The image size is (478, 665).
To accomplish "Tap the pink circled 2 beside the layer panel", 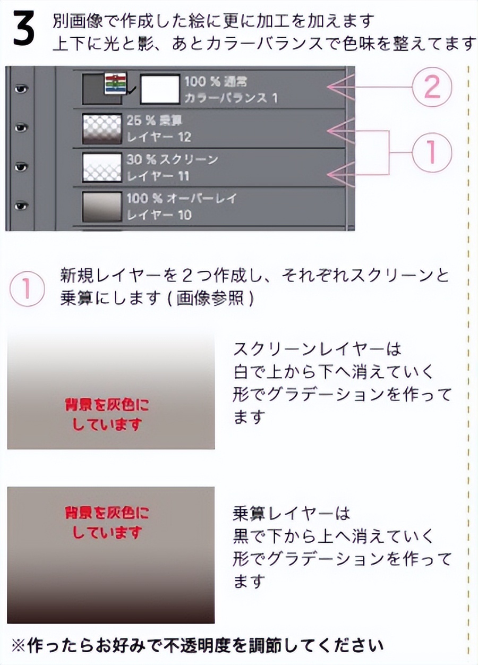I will pos(431,88).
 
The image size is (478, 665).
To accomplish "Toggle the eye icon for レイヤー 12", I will pos(21,128).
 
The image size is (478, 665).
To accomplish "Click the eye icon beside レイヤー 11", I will pos(21,167).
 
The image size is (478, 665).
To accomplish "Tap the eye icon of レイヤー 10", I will pos(21,206).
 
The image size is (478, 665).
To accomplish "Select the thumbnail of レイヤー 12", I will pos(103,129).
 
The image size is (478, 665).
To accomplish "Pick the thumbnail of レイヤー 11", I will pos(103,167).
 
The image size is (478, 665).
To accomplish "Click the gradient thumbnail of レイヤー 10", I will pos(103,206).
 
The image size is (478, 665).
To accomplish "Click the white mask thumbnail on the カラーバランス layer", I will pos(159,89).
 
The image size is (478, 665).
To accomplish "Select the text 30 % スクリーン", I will pos(172,160).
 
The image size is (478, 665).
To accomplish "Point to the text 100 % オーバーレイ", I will pos(181,199).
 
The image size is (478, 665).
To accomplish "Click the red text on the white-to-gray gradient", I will pos(107,415).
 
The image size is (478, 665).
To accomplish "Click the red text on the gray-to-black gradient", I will pos(107,522).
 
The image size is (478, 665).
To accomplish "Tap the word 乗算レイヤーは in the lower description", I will pos(292,514).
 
